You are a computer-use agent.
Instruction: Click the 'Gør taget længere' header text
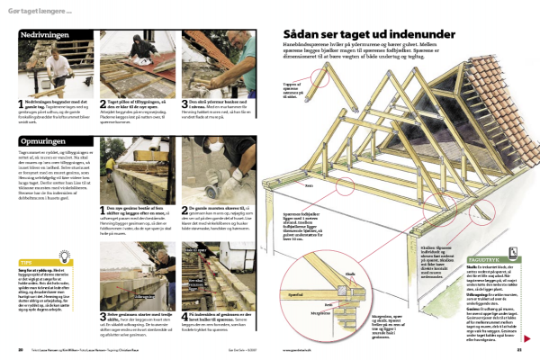41,9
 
